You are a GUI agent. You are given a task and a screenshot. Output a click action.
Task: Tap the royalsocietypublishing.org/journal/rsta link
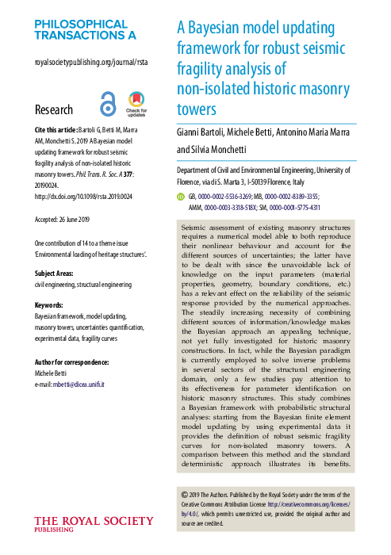[x=91, y=61]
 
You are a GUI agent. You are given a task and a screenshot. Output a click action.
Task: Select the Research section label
[x=54, y=109]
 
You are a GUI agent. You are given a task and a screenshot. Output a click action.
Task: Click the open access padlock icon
[x=108, y=104]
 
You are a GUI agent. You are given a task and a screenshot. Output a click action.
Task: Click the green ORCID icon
[x=182, y=195]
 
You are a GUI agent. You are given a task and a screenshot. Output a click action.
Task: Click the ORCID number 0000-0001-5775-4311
[x=295, y=207]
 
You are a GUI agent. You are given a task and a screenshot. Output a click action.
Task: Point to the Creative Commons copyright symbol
[x=185, y=492]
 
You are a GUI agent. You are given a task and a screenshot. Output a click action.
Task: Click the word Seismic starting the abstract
[x=198, y=226]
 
